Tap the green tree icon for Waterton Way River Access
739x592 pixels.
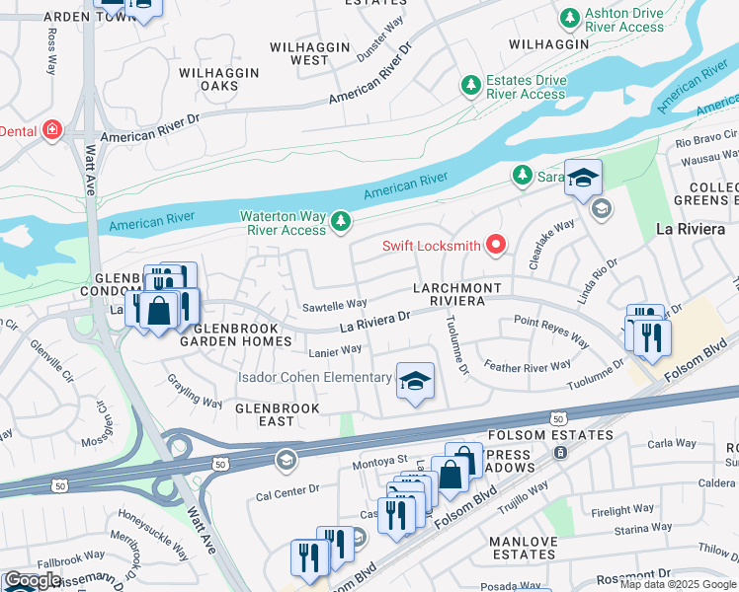[x=341, y=219]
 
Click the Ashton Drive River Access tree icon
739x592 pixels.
[x=569, y=19]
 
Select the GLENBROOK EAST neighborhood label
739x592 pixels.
[x=278, y=414]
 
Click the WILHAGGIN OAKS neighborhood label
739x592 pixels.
[x=219, y=80]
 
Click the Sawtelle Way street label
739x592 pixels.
[x=335, y=304]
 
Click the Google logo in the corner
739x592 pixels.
[x=32, y=581]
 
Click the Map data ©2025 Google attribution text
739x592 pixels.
[x=678, y=584]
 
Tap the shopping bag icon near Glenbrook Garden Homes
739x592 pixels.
[x=158, y=311]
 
